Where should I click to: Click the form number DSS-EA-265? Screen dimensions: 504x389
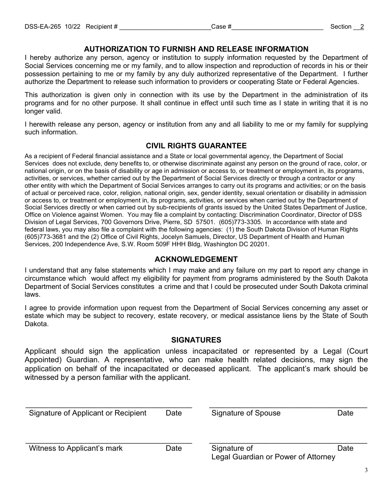click(43, 27)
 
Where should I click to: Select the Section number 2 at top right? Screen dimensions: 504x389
click(362, 27)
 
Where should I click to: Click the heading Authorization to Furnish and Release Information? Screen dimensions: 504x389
click(196, 49)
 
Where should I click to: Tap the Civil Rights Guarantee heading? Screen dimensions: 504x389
click(196, 146)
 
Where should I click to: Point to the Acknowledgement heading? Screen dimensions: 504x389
click(196, 259)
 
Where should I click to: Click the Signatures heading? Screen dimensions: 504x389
click(196, 340)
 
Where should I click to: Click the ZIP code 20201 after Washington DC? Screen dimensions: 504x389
click(259, 244)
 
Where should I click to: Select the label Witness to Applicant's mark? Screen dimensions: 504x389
click(76, 448)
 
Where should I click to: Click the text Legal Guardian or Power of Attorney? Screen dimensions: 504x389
click(273, 457)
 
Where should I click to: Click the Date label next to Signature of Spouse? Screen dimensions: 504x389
click(345, 413)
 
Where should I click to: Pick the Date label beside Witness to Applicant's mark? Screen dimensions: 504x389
click(174, 448)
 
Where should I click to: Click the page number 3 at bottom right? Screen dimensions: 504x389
click(366, 470)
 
